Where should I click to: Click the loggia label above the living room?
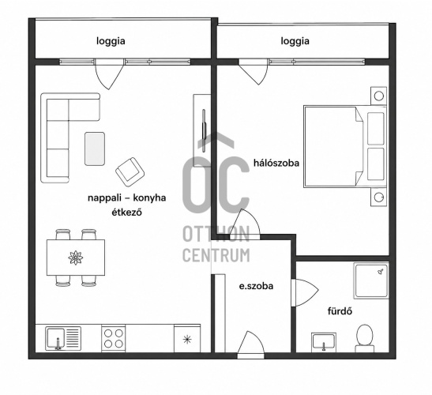tap(111, 41)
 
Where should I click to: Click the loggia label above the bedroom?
tap(295, 41)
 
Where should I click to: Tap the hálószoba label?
tap(276, 163)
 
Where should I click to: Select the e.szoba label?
tap(256, 286)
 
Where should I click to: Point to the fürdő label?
tap(340, 311)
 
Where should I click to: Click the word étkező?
tap(126, 213)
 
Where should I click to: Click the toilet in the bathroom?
tap(365, 338)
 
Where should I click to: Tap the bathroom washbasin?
tap(324, 342)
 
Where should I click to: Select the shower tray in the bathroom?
tap(371, 281)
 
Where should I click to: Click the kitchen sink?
tap(63, 338)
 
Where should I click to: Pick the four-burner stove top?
tap(114, 339)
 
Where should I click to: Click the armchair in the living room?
tap(130, 172)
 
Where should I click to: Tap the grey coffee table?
tap(95, 149)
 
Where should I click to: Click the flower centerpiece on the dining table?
tap(76, 258)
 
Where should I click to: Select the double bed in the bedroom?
tap(345, 146)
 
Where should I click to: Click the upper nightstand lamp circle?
tap(379, 96)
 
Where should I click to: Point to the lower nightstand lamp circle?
tap(379, 197)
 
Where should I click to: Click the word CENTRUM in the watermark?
tap(216, 255)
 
